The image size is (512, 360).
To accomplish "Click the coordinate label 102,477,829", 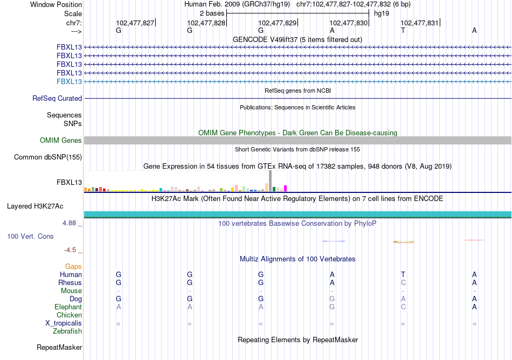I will [x=277, y=23].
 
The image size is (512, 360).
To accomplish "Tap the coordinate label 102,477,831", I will [x=419, y=23].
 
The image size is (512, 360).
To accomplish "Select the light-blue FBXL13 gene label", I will [x=69, y=81].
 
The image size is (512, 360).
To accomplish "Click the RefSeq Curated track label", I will [x=57, y=99].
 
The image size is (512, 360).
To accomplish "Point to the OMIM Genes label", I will [x=61, y=141].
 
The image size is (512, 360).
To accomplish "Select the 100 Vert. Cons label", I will [x=30, y=237].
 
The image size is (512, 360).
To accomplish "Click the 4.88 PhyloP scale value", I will [x=72, y=223].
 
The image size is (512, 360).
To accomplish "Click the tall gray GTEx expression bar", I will [x=271, y=181].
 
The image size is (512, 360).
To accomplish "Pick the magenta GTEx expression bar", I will [x=286, y=188].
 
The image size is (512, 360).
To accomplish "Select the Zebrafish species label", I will [x=67, y=331].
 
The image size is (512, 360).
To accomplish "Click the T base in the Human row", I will [x=403, y=275].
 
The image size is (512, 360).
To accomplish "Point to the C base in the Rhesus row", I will [x=403, y=283].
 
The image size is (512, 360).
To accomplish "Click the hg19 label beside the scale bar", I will [x=381, y=12].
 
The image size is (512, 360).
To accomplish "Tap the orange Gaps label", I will [x=73, y=267].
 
